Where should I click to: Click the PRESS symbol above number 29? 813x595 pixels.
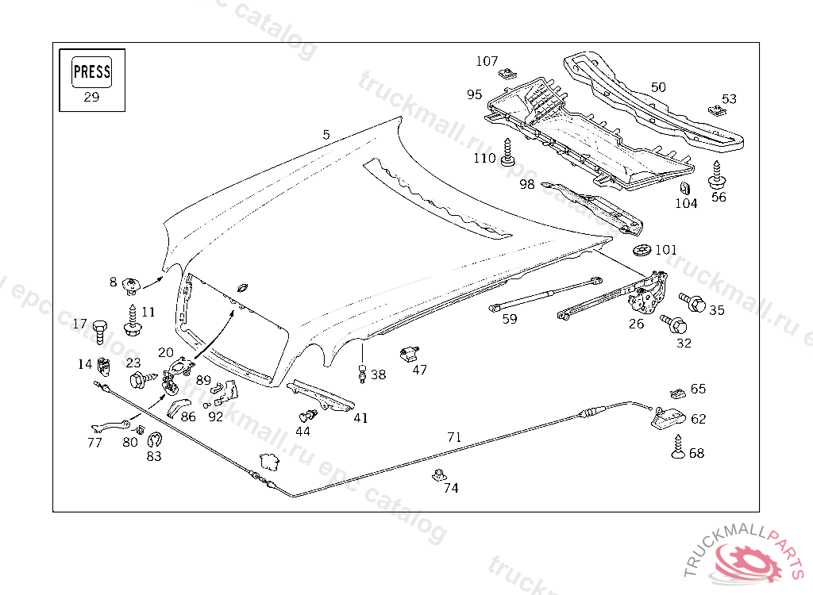[x=91, y=72]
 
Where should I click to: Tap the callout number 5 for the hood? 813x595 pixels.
[x=326, y=135]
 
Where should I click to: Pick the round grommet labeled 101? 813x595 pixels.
[x=642, y=251]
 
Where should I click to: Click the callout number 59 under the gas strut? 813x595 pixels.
[x=510, y=319]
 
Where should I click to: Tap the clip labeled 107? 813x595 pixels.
[x=505, y=75]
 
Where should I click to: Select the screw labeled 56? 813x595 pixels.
[x=717, y=175]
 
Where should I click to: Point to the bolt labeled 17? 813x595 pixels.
[x=99, y=329]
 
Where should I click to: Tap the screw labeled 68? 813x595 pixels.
[x=676, y=447]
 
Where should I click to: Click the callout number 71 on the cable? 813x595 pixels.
[x=453, y=436]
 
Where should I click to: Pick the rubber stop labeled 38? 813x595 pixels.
[x=362, y=373]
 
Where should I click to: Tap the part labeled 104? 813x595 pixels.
[x=684, y=189]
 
